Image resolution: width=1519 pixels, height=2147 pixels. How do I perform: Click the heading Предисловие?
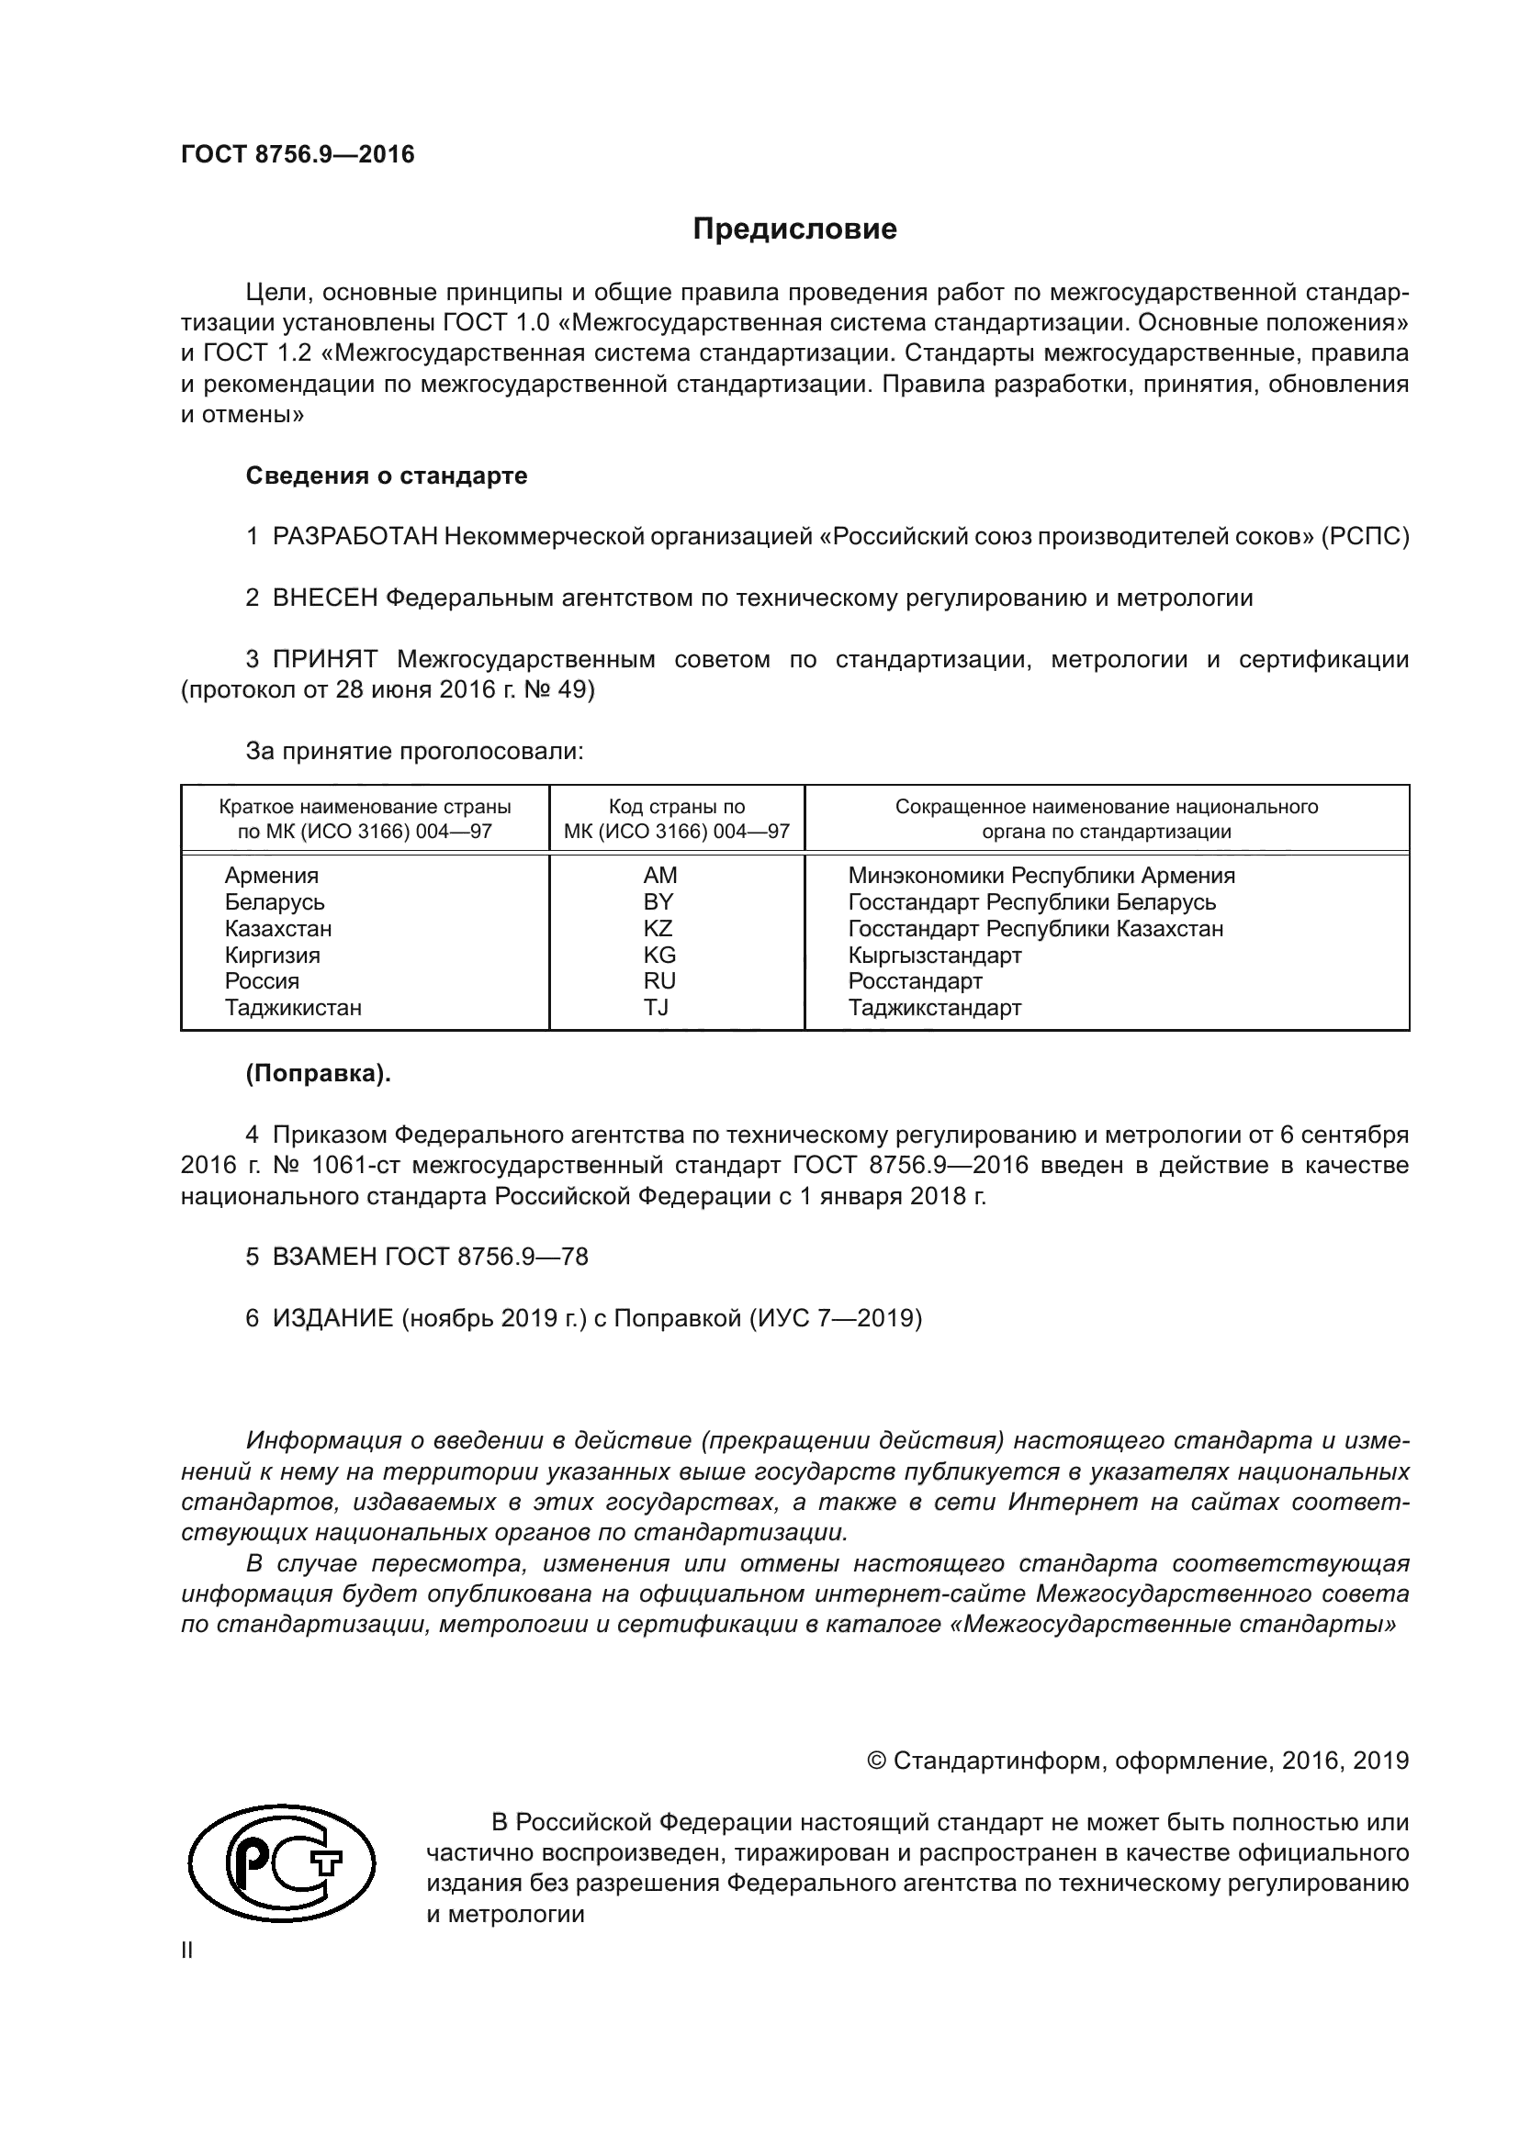point(794,229)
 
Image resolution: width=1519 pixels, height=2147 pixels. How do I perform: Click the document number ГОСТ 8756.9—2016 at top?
point(298,155)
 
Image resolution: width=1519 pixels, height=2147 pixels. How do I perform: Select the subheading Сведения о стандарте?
point(387,476)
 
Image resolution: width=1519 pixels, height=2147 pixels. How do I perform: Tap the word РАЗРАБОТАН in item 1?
point(354,537)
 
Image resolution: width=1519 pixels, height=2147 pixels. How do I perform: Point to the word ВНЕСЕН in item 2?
point(324,598)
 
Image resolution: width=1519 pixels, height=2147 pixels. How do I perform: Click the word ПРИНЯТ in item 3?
point(324,659)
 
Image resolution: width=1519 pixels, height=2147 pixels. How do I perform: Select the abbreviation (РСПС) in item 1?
point(1365,537)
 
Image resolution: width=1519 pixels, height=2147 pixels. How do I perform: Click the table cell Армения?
point(271,877)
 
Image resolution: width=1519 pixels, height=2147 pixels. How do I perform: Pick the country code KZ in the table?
point(658,929)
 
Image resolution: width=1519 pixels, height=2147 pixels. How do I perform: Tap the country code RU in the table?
point(659,981)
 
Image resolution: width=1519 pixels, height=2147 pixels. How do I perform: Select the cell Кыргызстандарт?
point(934,956)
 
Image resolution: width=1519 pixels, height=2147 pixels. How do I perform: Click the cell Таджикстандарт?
point(934,1008)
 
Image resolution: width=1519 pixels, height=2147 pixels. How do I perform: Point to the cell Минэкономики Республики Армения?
point(1041,877)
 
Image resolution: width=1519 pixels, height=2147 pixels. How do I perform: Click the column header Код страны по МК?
point(676,819)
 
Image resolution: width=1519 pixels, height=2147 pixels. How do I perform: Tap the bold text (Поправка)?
point(318,1075)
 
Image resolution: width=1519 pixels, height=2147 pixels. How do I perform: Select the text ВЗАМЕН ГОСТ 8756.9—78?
point(430,1257)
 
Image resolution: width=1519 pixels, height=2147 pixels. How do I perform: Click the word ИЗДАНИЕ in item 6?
point(333,1318)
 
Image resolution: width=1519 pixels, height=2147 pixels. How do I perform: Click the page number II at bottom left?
point(187,1951)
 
